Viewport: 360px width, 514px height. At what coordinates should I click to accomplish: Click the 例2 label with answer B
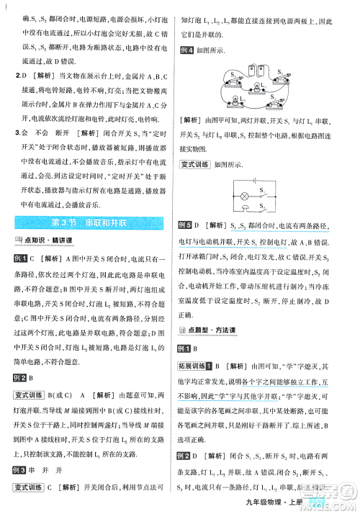coord(24,377)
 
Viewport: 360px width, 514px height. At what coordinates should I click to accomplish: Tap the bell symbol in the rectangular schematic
coord(245,209)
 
